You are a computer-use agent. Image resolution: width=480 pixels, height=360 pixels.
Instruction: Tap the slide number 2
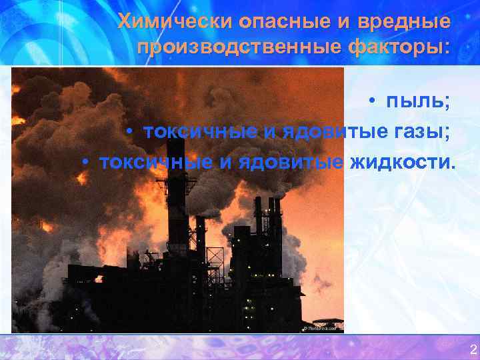point(473,349)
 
